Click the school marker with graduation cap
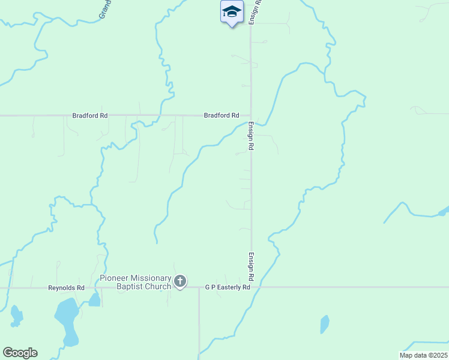[x=232, y=13]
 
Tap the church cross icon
[x=180, y=281]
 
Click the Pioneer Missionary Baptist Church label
[x=136, y=282]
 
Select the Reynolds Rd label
[x=67, y=288]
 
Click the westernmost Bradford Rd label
[x=90, y=115]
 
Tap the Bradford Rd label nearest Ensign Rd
[x=221, y=115]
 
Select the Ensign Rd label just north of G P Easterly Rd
[x=251, y=267]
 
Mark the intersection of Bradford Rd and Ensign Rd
[x=251, y=115]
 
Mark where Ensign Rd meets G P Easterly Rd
[x=251, y=287]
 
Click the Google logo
[x=20, y=353]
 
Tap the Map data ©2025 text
[x=423, y=355]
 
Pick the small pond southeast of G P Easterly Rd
[x=325, y=324]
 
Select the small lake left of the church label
[x=94, y=300]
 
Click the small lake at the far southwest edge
[x=16, y=316]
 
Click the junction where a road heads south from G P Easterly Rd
[x=199, y=287]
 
